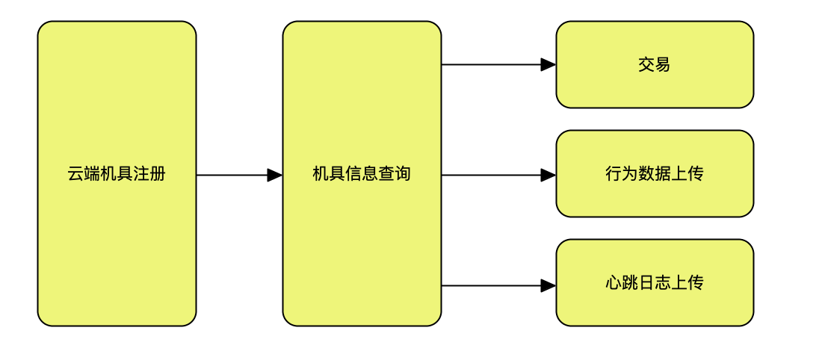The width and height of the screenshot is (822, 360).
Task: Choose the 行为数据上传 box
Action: [655, 198]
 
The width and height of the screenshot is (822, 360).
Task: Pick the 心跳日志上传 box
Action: [655, 306]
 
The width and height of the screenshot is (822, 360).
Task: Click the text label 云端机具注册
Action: [117, 174]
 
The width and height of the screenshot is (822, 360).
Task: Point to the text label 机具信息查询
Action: [362, 174]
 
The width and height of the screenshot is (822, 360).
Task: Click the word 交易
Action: [655, 65]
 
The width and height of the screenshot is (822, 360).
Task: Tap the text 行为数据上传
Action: [655, 174]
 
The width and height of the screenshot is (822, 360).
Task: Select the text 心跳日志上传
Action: [655, 283]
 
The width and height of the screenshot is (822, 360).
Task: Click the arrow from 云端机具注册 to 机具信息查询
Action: [232, 175]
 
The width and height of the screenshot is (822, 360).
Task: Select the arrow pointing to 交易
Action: [493, 65]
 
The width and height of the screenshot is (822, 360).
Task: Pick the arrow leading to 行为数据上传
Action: [493, 175]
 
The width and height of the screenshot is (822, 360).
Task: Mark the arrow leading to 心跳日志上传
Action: [493, 285]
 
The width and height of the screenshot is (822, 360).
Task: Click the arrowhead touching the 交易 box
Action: [548, 65]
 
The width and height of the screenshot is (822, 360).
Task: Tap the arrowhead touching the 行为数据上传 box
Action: [548, 175]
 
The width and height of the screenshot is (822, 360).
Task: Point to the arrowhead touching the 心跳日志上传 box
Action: [548, 285]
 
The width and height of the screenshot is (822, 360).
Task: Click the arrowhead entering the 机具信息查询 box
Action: [275, 175]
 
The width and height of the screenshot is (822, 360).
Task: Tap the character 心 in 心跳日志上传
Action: [614, 283]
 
